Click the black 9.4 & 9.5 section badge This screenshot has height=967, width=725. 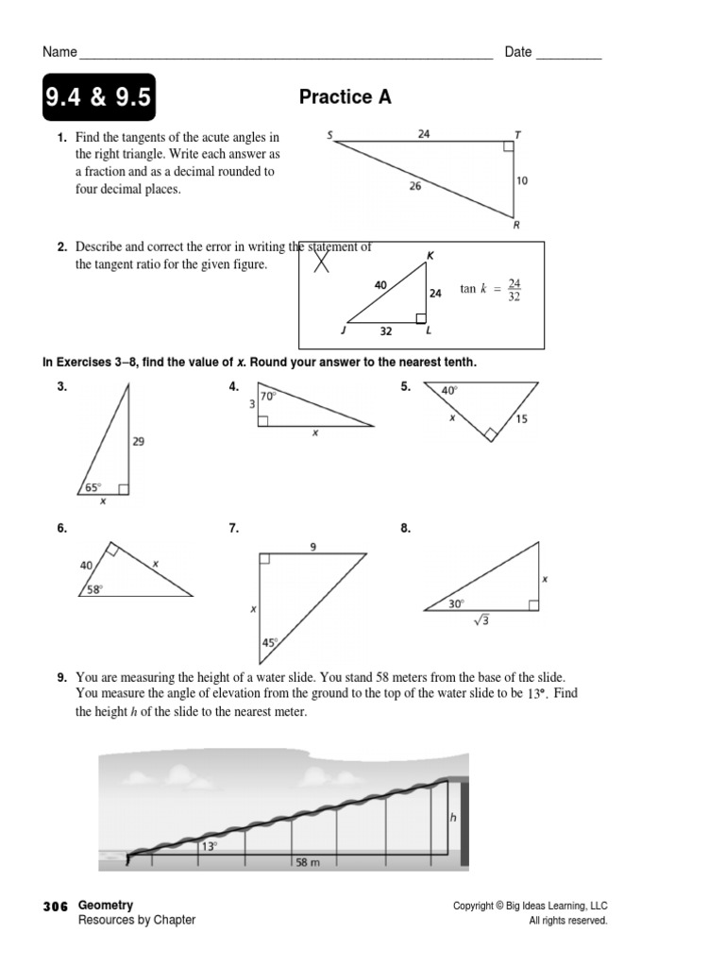[97, 97]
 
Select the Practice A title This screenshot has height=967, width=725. [345, 97]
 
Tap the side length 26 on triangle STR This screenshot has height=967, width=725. [415, 186]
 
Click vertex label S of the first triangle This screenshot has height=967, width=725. [330, 135]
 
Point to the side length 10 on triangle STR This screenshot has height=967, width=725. [521, 180]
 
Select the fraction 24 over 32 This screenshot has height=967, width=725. [514, 290]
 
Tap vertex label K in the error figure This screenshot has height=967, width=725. [430, 255]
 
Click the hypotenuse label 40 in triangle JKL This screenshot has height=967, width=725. [380, 284]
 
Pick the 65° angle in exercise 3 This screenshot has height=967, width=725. [93, 487]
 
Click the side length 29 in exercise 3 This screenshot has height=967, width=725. [139, 441]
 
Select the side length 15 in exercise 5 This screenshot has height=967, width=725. [522, 419]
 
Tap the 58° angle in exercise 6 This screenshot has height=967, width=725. [94, 588]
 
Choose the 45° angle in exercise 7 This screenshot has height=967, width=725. [269, 643]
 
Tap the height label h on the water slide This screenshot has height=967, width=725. [453, 818]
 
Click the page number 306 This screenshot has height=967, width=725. [56, 906]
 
